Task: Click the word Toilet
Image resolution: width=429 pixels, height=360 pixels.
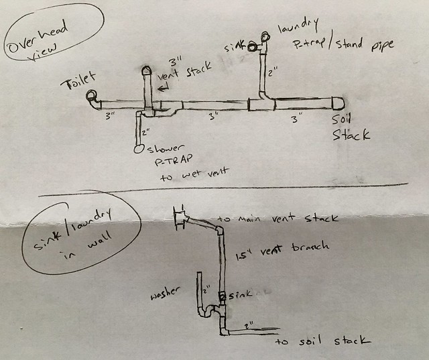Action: [x=80, y=84]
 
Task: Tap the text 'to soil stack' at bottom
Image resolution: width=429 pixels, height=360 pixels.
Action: [x=323, y=341]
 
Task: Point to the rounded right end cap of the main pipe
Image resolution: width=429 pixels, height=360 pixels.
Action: [x=338, y=102]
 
